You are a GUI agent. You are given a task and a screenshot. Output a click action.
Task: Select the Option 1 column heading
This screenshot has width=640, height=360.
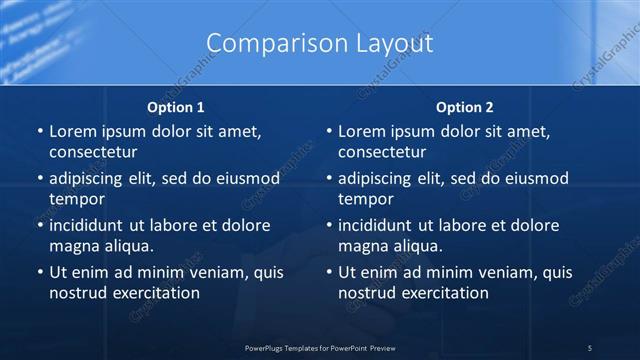(x=176, y=107)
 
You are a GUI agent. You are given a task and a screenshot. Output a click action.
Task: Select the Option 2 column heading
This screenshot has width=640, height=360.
(x=465, y=107)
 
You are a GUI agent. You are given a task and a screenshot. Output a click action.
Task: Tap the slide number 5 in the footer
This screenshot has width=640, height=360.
(x=589, y=347)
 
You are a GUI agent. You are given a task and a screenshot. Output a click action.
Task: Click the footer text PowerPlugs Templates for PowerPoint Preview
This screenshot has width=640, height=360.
(x=319, y=347)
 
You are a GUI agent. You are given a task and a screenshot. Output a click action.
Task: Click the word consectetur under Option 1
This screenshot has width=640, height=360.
(x=93, y=152)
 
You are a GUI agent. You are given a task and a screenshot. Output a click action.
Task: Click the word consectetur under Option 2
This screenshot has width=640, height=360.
(x=382, y=152)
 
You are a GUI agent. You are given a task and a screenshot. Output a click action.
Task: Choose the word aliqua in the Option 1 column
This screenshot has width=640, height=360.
(x=126, y=245)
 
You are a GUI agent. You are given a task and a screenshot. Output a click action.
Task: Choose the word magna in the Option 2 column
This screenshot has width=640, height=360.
(x=362, y=245)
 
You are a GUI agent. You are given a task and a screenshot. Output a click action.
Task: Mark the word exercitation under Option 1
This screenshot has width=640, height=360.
(x=155, y=292)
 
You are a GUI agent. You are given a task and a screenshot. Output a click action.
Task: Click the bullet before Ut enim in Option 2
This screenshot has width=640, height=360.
(x=328, y=273)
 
